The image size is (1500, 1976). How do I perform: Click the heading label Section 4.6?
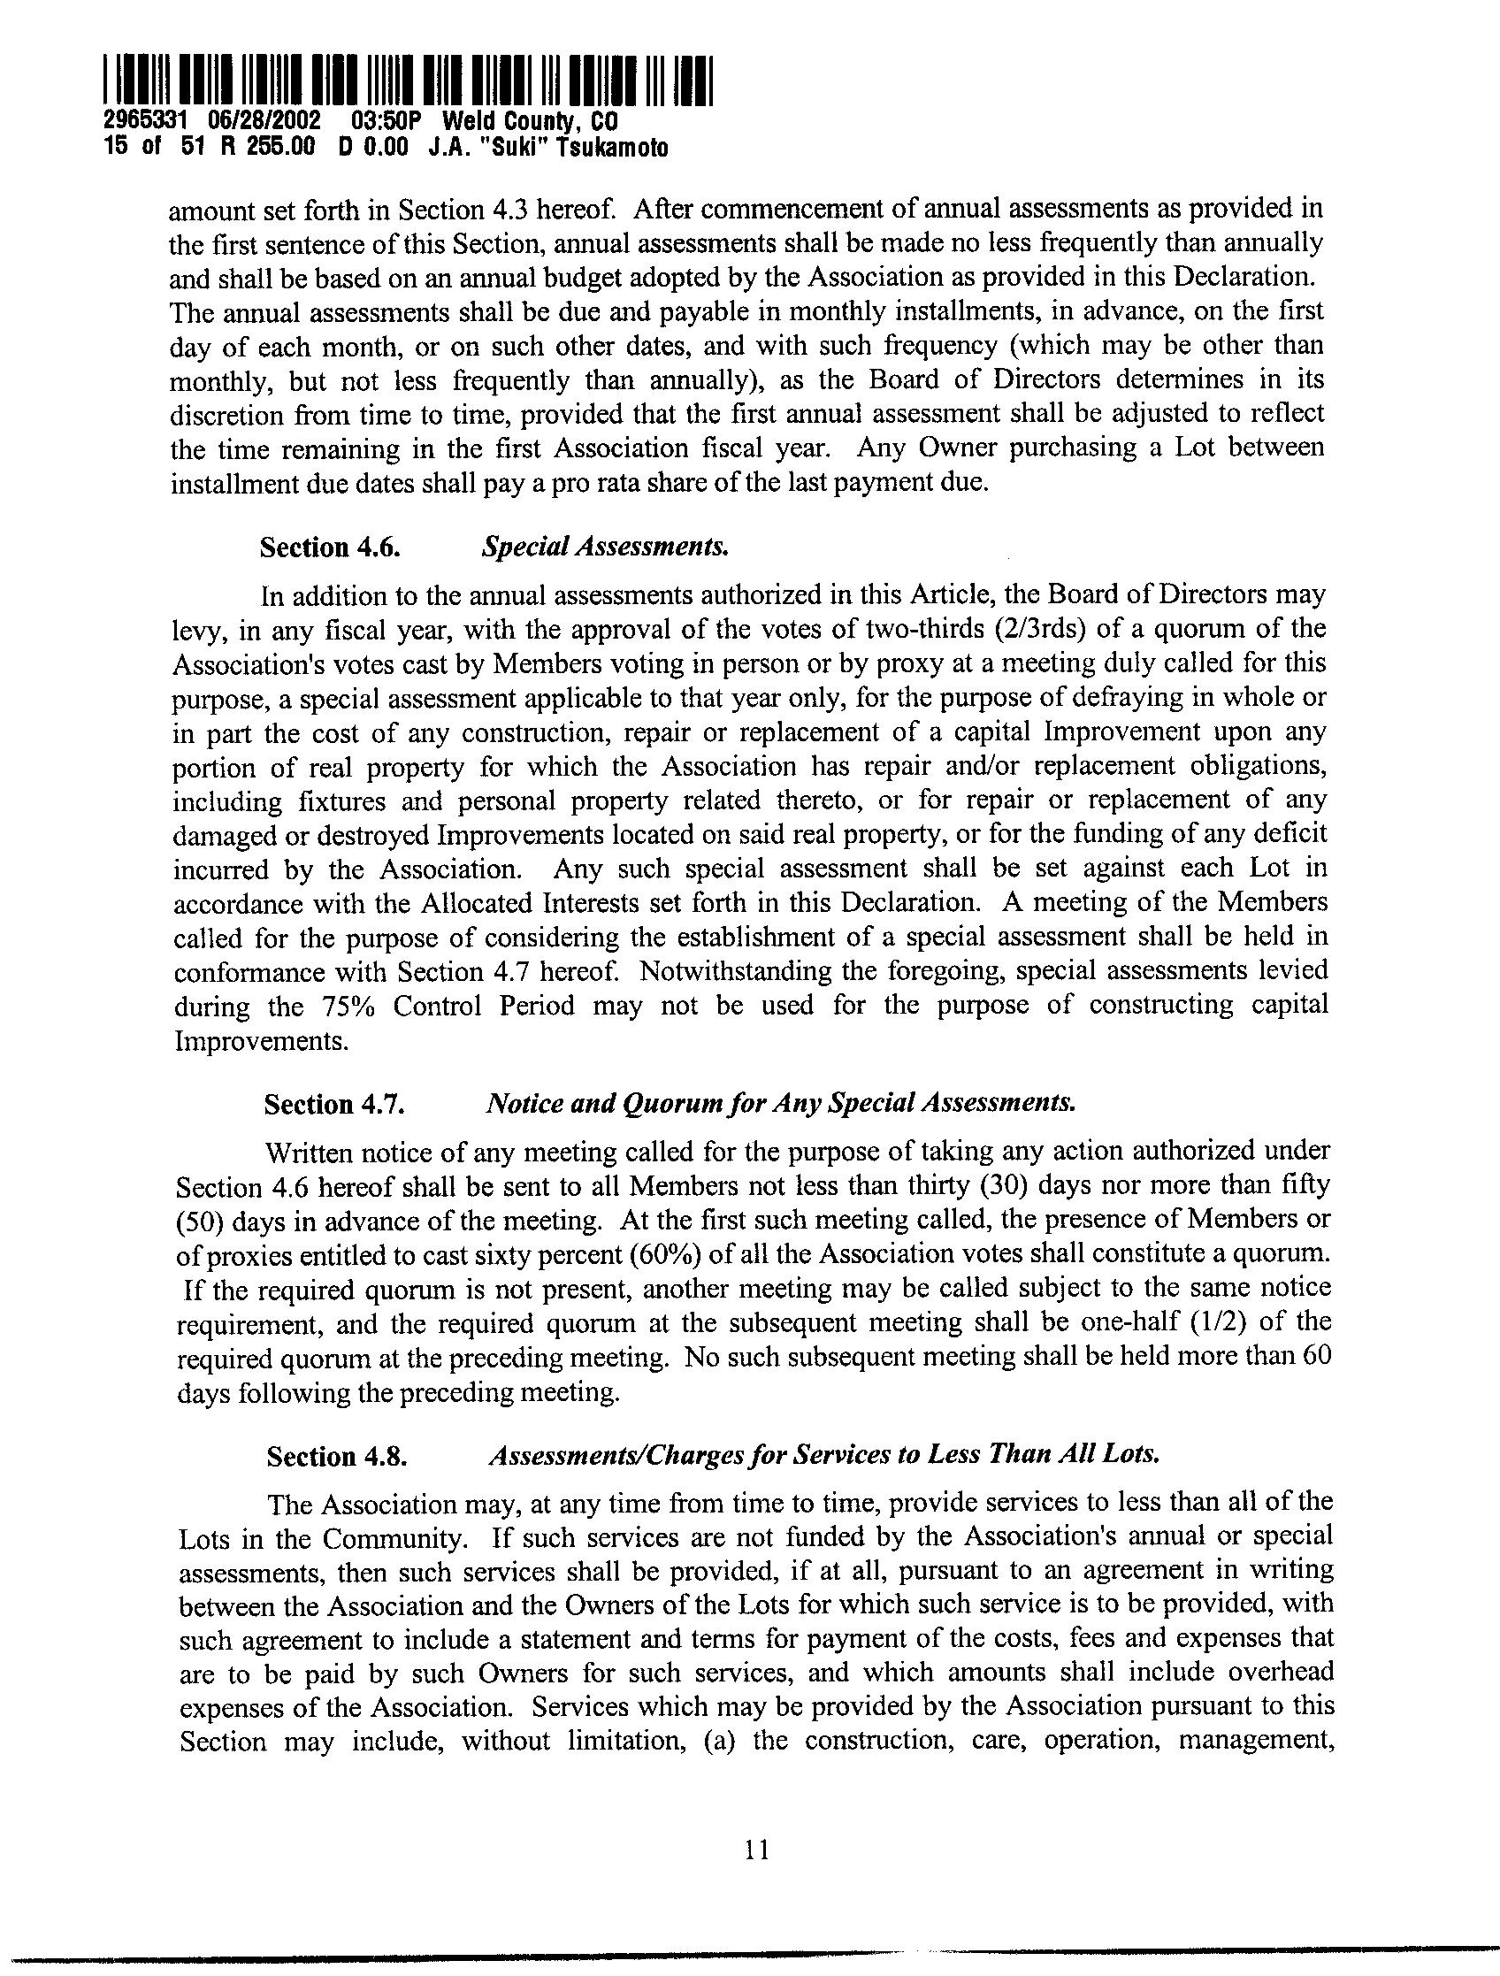(329, 547)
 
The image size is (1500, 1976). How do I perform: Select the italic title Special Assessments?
(605, 547)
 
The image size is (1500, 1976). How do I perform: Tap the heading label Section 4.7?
(334, 1105)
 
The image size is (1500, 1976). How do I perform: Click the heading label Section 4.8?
(338, 1456)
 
